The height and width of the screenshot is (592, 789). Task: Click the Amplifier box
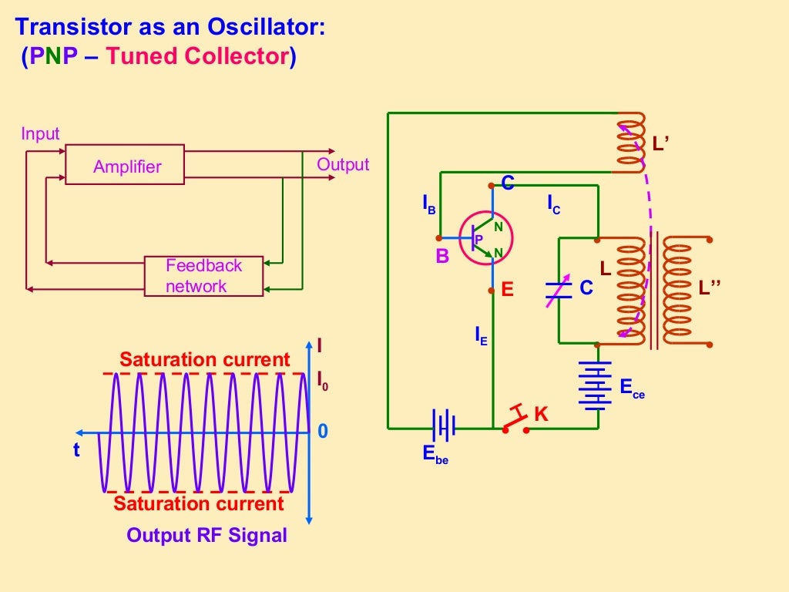click(x=125, y=164)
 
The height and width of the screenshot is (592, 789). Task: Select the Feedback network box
click(x=204, y=276)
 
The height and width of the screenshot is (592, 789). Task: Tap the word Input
click(x=40, y=134)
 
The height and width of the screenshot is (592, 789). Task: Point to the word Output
click(x=343, y=165)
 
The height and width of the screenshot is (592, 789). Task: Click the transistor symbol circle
click(x=486, y=239)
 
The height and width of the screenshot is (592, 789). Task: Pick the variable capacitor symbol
click(x=559, y=289)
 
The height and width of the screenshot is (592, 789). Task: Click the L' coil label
click(x=660, y=143)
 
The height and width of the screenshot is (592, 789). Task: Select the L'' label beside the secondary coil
click(x=710, y=288)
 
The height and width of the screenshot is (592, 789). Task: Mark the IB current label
click(x=429, y=204)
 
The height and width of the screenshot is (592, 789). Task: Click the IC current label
click(x=554, y=204)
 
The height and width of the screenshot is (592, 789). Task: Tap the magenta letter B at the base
click(x=442, y=257)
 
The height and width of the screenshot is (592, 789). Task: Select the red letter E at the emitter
click(x=507, y=291)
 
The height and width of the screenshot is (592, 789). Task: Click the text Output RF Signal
click(x=206, y=535)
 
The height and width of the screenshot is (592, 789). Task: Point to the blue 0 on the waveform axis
click(x=323, y=432)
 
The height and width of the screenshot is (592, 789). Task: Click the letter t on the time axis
click(x=76, y=451)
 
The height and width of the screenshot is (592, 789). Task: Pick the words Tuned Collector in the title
click(x=197, y=57)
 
